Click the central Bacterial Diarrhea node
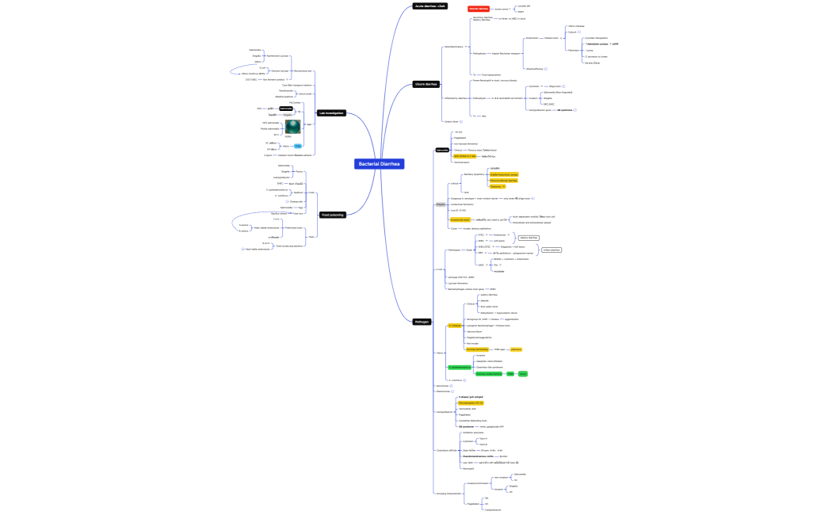(380, 164)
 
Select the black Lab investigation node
(331, 113)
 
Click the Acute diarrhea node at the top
(430, 6)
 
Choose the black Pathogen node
(422, 321)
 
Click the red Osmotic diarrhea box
(479, 8)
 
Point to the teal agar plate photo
(293, 127)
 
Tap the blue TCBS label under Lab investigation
(298, 146)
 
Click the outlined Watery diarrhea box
(529, 237)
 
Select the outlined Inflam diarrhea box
(551, 250)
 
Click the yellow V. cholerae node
(455, 326)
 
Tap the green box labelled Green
(523, 373)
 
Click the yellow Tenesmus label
(498, 186)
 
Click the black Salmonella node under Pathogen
(442, 150)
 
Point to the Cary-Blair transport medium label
(297, 85)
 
